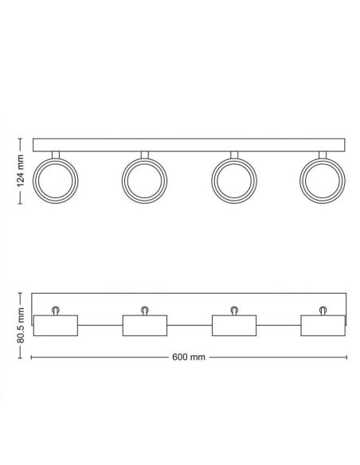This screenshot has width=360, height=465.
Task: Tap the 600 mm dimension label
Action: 189,356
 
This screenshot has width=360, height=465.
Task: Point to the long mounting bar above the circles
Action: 189,146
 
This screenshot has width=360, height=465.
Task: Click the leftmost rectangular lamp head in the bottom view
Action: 56,325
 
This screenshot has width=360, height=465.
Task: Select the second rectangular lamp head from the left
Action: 144,325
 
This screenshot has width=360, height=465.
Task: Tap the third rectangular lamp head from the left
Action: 233,325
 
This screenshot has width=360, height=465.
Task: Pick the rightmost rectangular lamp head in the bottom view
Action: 322,325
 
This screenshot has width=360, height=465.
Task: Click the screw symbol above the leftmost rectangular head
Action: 56,310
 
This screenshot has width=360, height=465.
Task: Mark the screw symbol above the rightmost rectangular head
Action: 323,310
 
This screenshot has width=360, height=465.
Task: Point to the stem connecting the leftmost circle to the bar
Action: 56,155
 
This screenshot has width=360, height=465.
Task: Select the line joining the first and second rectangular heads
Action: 100,325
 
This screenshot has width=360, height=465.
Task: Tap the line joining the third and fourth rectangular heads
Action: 278,325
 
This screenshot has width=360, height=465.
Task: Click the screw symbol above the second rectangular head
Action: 145,310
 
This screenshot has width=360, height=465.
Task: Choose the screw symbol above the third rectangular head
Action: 234,310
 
